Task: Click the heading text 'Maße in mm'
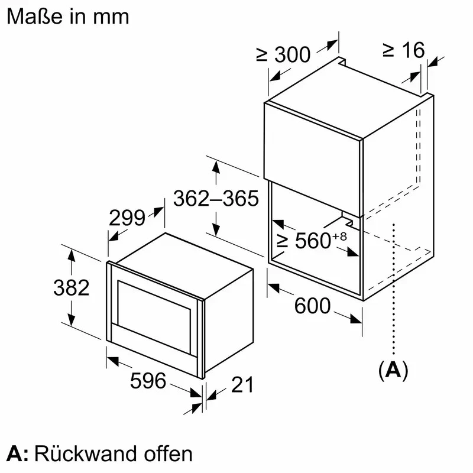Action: pos(67,16)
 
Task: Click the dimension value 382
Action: pos(71,288)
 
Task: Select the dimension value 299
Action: pos(127,218)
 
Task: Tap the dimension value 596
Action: pos(148,381)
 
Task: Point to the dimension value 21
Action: pos(241,385)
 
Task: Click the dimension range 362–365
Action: pos(216,199)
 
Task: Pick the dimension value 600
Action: pos(312,306)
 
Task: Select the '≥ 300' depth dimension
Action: pos(283,54)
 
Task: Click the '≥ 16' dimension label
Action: pos(403,50)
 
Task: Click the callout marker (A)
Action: pos(393,370)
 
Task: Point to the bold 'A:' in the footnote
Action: pos(17,453)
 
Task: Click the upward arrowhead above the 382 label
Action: pos(72,257)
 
